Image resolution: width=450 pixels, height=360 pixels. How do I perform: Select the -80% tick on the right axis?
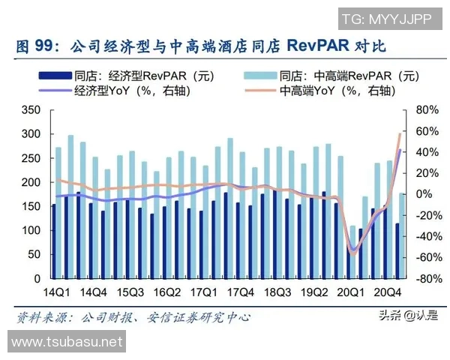tap(425, 279)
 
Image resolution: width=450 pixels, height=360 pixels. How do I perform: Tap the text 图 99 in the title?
tap(35, 46)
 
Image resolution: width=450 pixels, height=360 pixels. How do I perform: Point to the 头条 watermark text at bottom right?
tap(390, 316)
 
